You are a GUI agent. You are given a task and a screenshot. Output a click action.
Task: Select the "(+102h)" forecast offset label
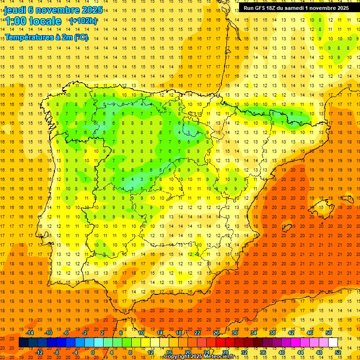click(x=83, y=21)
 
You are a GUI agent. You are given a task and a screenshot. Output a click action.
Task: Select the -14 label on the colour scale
click(x=30, y=333)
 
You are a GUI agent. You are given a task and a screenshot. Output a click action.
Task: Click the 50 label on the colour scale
click(x=328, y=333)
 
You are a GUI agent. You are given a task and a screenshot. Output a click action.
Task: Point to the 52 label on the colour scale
click(x=338, y=352)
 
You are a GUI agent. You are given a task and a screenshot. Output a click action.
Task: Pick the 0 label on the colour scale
click(x=93, y=352)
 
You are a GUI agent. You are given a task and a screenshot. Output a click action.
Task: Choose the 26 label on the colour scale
click(x=216, y=333)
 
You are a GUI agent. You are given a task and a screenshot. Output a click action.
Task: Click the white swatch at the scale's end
click(x=333, y=343)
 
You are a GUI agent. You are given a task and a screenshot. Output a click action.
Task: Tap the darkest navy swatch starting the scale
click(x=24, y=343)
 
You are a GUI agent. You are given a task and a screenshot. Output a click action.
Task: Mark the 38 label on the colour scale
click(x=272, y=333)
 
